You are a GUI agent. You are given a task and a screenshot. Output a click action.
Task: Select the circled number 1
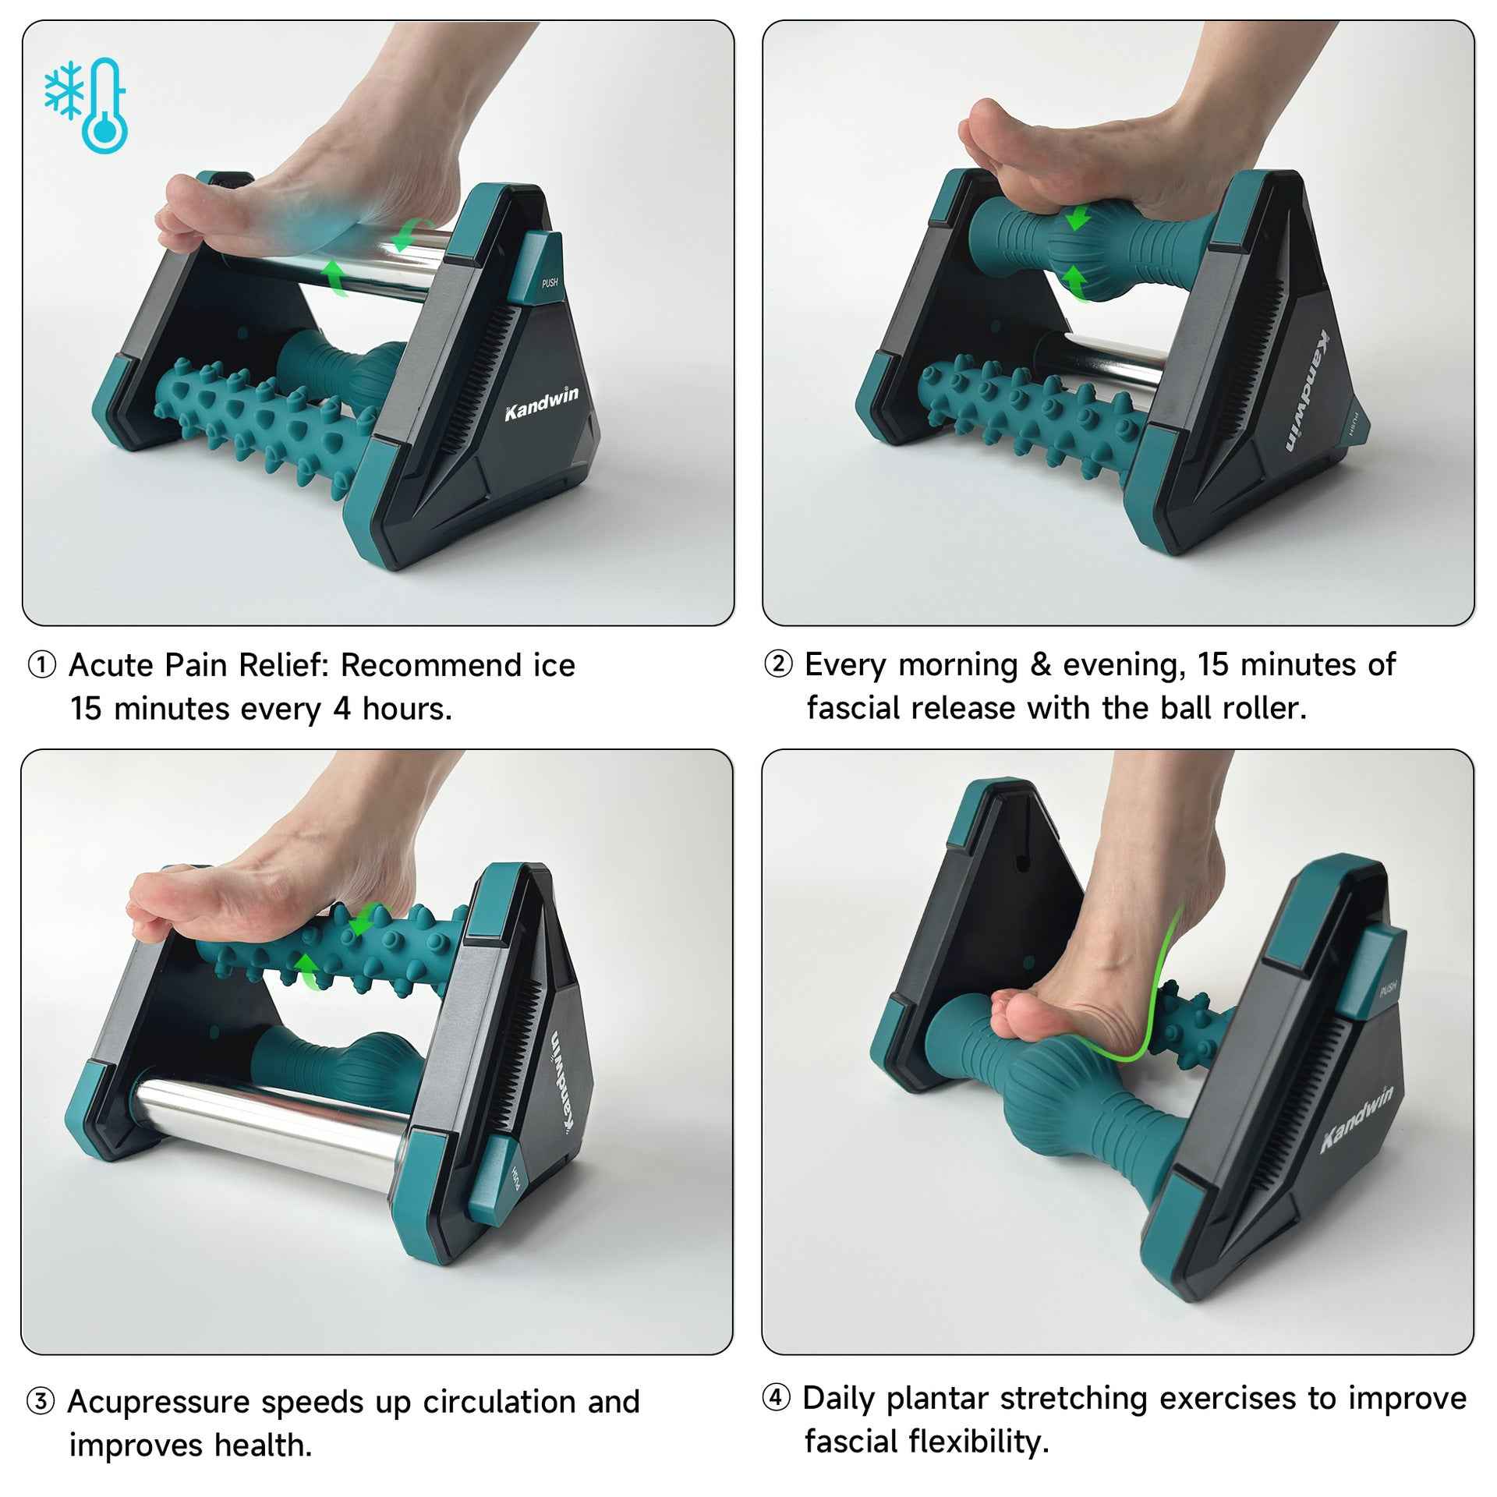[x=41, y=666]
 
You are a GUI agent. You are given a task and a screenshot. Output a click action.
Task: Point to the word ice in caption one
[x=554, y=666]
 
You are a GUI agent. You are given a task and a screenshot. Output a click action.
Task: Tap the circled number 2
[x=777, y=665]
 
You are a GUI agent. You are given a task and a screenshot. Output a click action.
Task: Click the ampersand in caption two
[x=1039, y=665]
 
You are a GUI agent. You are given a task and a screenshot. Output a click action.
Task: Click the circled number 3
[x=40, y=1402]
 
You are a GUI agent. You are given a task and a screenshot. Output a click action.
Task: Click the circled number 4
[x=775, y=1397]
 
